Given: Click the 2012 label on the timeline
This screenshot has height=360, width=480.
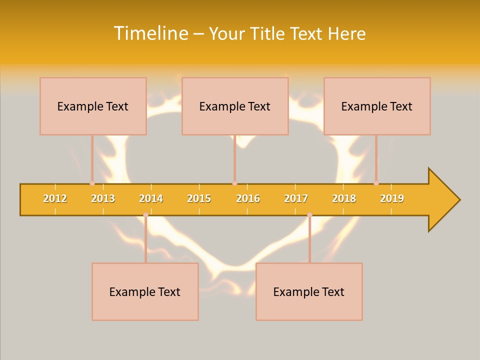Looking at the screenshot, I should point(55,198).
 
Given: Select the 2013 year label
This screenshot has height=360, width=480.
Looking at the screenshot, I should point(103,198).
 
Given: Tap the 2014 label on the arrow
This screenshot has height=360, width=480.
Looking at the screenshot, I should point(151,198).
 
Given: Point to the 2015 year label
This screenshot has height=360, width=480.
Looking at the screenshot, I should point(199,198).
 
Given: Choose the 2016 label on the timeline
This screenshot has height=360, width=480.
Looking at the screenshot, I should point(248,198).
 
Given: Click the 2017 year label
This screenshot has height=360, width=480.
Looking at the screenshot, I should point(296,198).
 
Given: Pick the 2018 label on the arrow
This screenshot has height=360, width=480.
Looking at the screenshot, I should point(344,198).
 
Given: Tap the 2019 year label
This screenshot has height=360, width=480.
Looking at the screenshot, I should point(392,198).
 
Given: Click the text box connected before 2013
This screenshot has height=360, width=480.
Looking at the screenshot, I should point(93,106).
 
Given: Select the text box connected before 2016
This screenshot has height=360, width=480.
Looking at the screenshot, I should point(235,106).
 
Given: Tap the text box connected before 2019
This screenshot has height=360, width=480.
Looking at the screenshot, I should point(377,106).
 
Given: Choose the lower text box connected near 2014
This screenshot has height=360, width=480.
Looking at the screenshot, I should point(145,291).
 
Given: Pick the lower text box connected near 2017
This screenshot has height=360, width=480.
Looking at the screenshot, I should point(309,291).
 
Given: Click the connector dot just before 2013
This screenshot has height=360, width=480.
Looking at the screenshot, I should point(92,183).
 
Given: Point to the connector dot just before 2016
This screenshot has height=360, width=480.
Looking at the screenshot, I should point(234,183).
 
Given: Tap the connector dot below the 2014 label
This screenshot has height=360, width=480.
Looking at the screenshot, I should point(145,215).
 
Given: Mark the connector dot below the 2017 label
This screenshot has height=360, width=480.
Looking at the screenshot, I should point(309,215).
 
